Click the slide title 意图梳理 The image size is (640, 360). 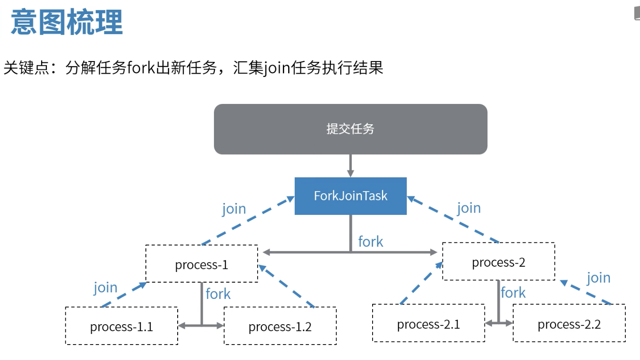point(67,23)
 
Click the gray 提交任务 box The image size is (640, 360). point(350,129)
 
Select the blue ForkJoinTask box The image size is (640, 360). point(350,196)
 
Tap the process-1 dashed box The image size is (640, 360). point(202,264)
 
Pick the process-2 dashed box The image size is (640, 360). point(499,262)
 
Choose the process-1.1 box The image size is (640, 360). point(122,326)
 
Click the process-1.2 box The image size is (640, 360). point(280,326)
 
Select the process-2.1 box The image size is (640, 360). point(428,324)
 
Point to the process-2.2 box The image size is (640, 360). point(569,324)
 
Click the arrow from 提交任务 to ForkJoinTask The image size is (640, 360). point(350,166)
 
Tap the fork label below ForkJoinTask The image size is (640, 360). point(370,241)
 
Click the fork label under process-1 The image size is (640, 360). point(218,294)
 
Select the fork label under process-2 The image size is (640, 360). point(513,292)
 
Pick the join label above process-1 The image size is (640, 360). point(234,208)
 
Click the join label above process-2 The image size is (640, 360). point(469,207)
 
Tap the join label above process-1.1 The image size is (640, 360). point(106,287)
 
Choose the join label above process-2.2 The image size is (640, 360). point(598,278)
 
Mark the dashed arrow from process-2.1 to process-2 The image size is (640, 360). point(421,283)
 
